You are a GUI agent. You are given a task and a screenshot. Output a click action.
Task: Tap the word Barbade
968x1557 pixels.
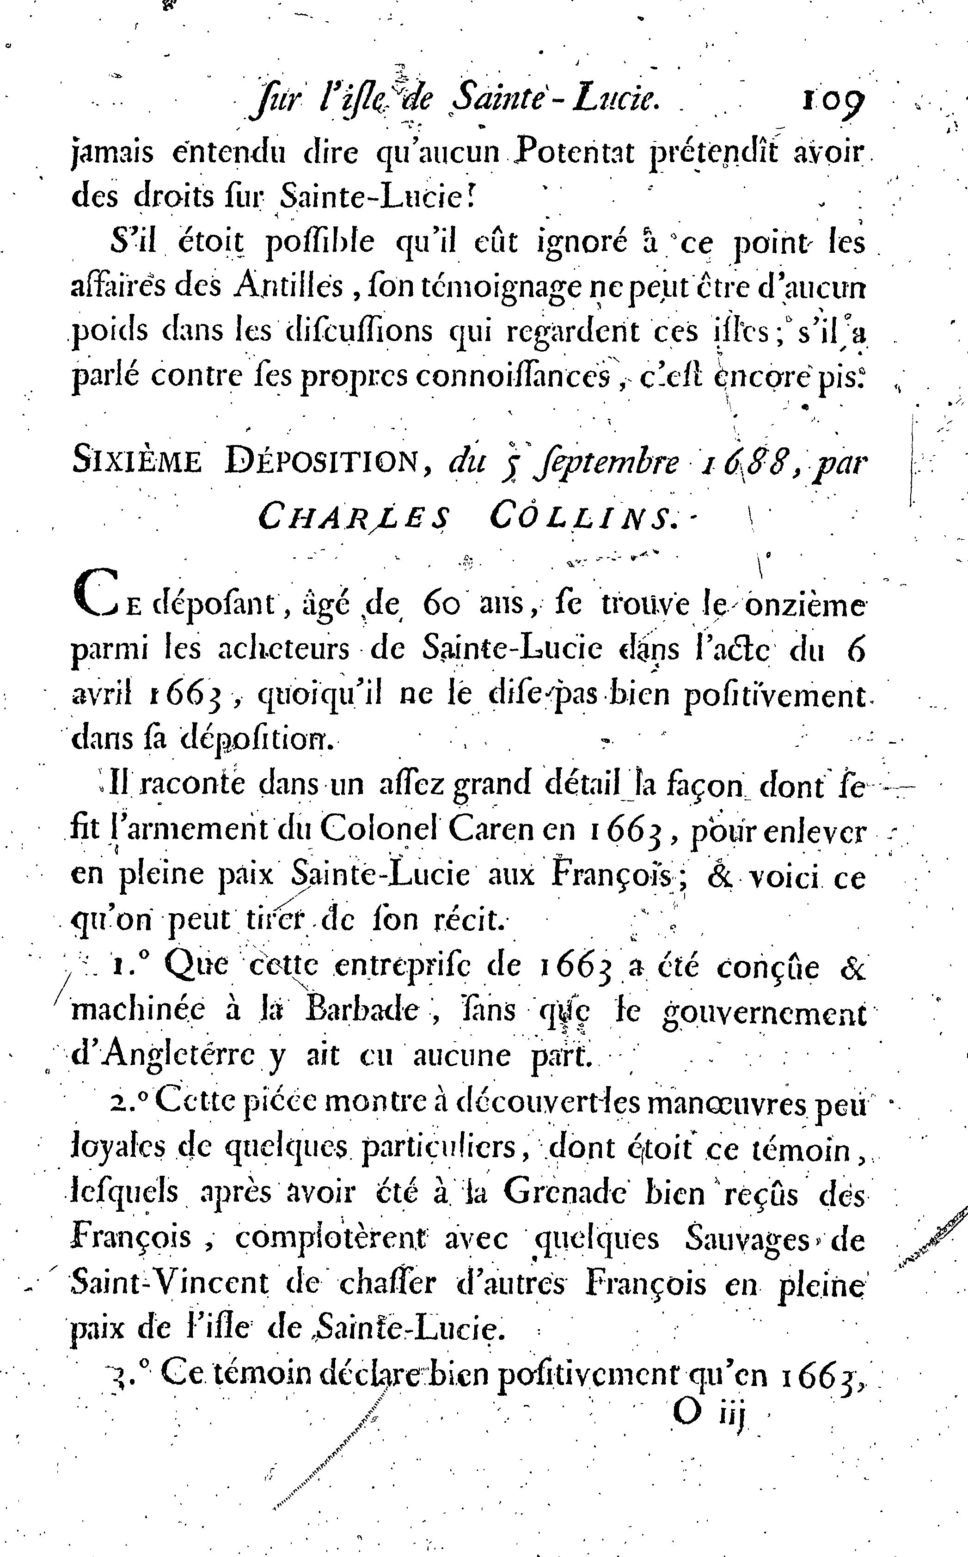click(362, 1011)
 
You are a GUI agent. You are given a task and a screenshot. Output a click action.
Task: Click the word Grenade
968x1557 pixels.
click(564, 1193)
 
